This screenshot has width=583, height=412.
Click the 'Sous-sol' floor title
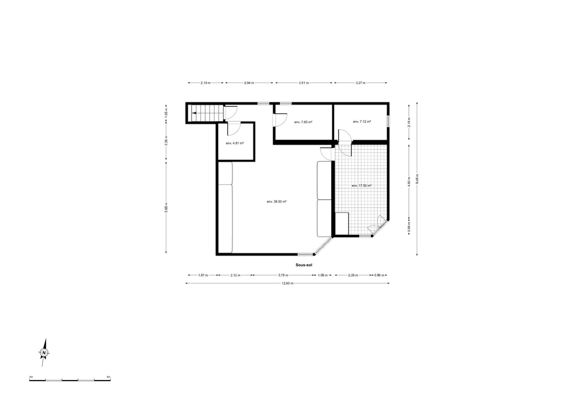pos(304,265)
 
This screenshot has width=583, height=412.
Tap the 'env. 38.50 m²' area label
pos(277,201)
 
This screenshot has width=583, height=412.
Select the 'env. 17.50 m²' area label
pos(361,186)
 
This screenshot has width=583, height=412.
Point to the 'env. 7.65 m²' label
pos(303,122)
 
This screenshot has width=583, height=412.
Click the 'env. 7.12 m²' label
pos(362,121)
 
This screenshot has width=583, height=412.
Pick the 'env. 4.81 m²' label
pos(235,143)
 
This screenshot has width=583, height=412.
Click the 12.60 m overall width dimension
pos(288,283)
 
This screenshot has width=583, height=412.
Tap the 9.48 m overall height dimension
pos(417,179)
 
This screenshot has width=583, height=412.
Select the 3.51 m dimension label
pos(304,83)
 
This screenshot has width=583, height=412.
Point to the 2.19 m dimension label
pos(205,83)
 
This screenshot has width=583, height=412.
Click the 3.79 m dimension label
pos(283,275)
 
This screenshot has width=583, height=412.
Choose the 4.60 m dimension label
pos(409,182)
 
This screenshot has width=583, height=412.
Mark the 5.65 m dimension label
pos(166,208)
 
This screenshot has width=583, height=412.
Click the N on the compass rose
pos(44,352)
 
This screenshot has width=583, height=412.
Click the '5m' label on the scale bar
pos(108,377)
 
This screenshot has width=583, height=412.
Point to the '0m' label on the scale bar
pos(31,377)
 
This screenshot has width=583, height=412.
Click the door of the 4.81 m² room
pos(234,129)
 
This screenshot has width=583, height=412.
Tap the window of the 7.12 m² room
pos(388,121)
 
